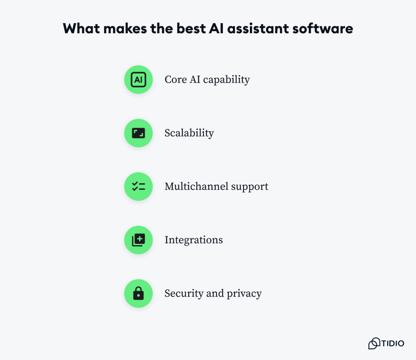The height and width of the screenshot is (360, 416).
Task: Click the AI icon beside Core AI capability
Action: pyautogui.click(x=138, y=80)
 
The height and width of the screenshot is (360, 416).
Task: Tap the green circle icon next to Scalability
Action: pyautogui.click(x=138, y=133)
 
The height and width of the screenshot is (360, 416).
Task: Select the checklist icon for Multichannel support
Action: pyautogui.click(x=138, y=186)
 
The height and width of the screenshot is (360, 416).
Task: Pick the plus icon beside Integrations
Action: pyautogui.click(x=138, y=240)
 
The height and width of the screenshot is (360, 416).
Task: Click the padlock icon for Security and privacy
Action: pyautogui.click(x=138, y=293)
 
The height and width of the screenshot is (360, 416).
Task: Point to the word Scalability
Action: pyautogui.click(x=189, y=133)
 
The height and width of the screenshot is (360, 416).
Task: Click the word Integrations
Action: pyautogui.click(x=193, y=240)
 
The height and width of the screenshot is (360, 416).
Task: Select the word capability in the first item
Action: pyautogui.click(x=226, y=80)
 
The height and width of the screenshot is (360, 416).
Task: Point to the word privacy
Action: pyautogui.click(x=244, y=293)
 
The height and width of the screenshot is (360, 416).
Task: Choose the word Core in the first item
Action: pyautogui.click(x=175, y=80)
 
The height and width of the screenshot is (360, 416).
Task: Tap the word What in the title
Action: pyautogui.click(x=81, y=28)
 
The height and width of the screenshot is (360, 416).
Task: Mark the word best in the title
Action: pyautogui.click(x=191, y=28)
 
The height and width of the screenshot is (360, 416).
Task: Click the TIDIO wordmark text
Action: pyautogui.click(x=393, y=343)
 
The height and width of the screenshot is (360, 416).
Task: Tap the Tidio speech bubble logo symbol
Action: pyautogui.click(x=374, y=343)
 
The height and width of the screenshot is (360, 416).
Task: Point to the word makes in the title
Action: pyautogui.click(x=125, y=28)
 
